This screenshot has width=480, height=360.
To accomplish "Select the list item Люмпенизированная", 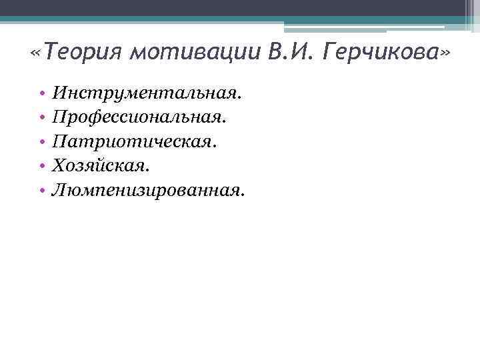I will pos(149,191).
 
